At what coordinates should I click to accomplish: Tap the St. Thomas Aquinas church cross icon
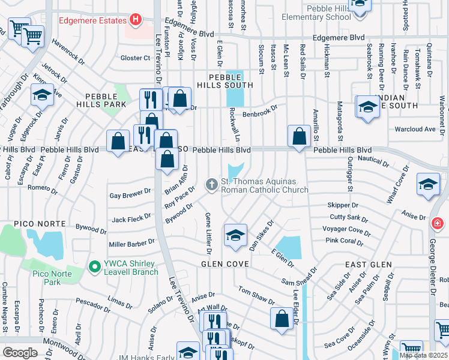pyautogui.click(x=211, y=184)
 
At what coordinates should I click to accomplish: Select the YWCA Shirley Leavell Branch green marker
pyautogui.click(x=94, y=266)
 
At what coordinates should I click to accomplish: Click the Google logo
pyautogui.click(x=20, y=352)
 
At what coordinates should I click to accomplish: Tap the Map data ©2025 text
pyautogui.click(x=423, y=355)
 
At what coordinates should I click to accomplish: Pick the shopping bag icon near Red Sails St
pyautogui.click(x=299, y=136)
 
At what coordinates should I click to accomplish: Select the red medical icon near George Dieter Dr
pyautogui.click(x=438, y=223)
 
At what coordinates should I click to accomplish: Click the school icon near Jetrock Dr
pyautogui.click(x=43, y=97)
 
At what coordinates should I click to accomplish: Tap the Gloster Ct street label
pyautogui.click(x=135, y=58)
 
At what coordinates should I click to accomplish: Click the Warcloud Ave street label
pyautogui.click(x=414, y=129)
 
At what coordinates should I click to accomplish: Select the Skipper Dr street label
pyautogui.click(x=343, y=205)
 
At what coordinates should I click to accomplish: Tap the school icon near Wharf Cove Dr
pyautogui.click(x=428, y=185)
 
